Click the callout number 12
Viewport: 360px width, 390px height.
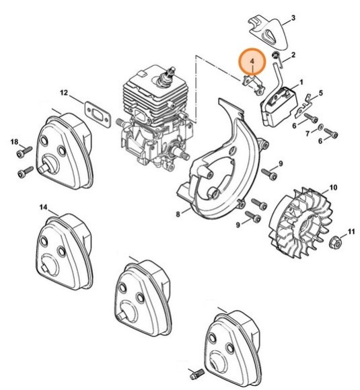point(82,92)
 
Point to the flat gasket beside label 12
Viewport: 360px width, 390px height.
point(98,111)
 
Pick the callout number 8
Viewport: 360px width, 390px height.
point(178,214)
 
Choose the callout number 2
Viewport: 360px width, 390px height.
point(292,53)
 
